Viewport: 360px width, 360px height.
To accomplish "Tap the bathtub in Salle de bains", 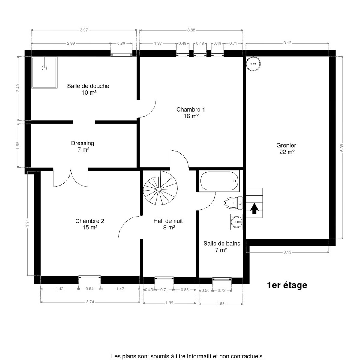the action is pos(219,181).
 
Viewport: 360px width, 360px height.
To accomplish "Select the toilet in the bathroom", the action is pos(233,203).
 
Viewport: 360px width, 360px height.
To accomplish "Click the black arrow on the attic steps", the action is pos(254,209).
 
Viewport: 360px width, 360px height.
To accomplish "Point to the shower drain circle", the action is pos(44,68).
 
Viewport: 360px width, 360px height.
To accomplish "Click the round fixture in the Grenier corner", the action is pos(253,64).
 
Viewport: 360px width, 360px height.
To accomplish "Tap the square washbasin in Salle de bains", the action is pos(236,222).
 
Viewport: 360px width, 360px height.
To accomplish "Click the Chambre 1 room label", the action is pos(191,113).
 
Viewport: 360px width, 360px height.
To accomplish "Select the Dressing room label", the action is pos(83,146).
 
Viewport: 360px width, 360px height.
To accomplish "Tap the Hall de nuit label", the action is pos(168,224).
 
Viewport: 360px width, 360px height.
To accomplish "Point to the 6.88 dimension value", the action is pos(342,148).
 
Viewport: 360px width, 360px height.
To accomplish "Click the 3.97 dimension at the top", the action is pos(84,30).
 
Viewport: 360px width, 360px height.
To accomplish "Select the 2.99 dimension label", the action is pos(71,43).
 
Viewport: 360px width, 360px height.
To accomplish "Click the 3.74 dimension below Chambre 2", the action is pos(90,302).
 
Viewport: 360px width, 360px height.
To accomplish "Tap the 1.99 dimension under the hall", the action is pos(169,303).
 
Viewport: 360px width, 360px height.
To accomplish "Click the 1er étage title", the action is pos(287,285).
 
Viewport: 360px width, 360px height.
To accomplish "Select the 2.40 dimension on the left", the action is pos(18,88).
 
